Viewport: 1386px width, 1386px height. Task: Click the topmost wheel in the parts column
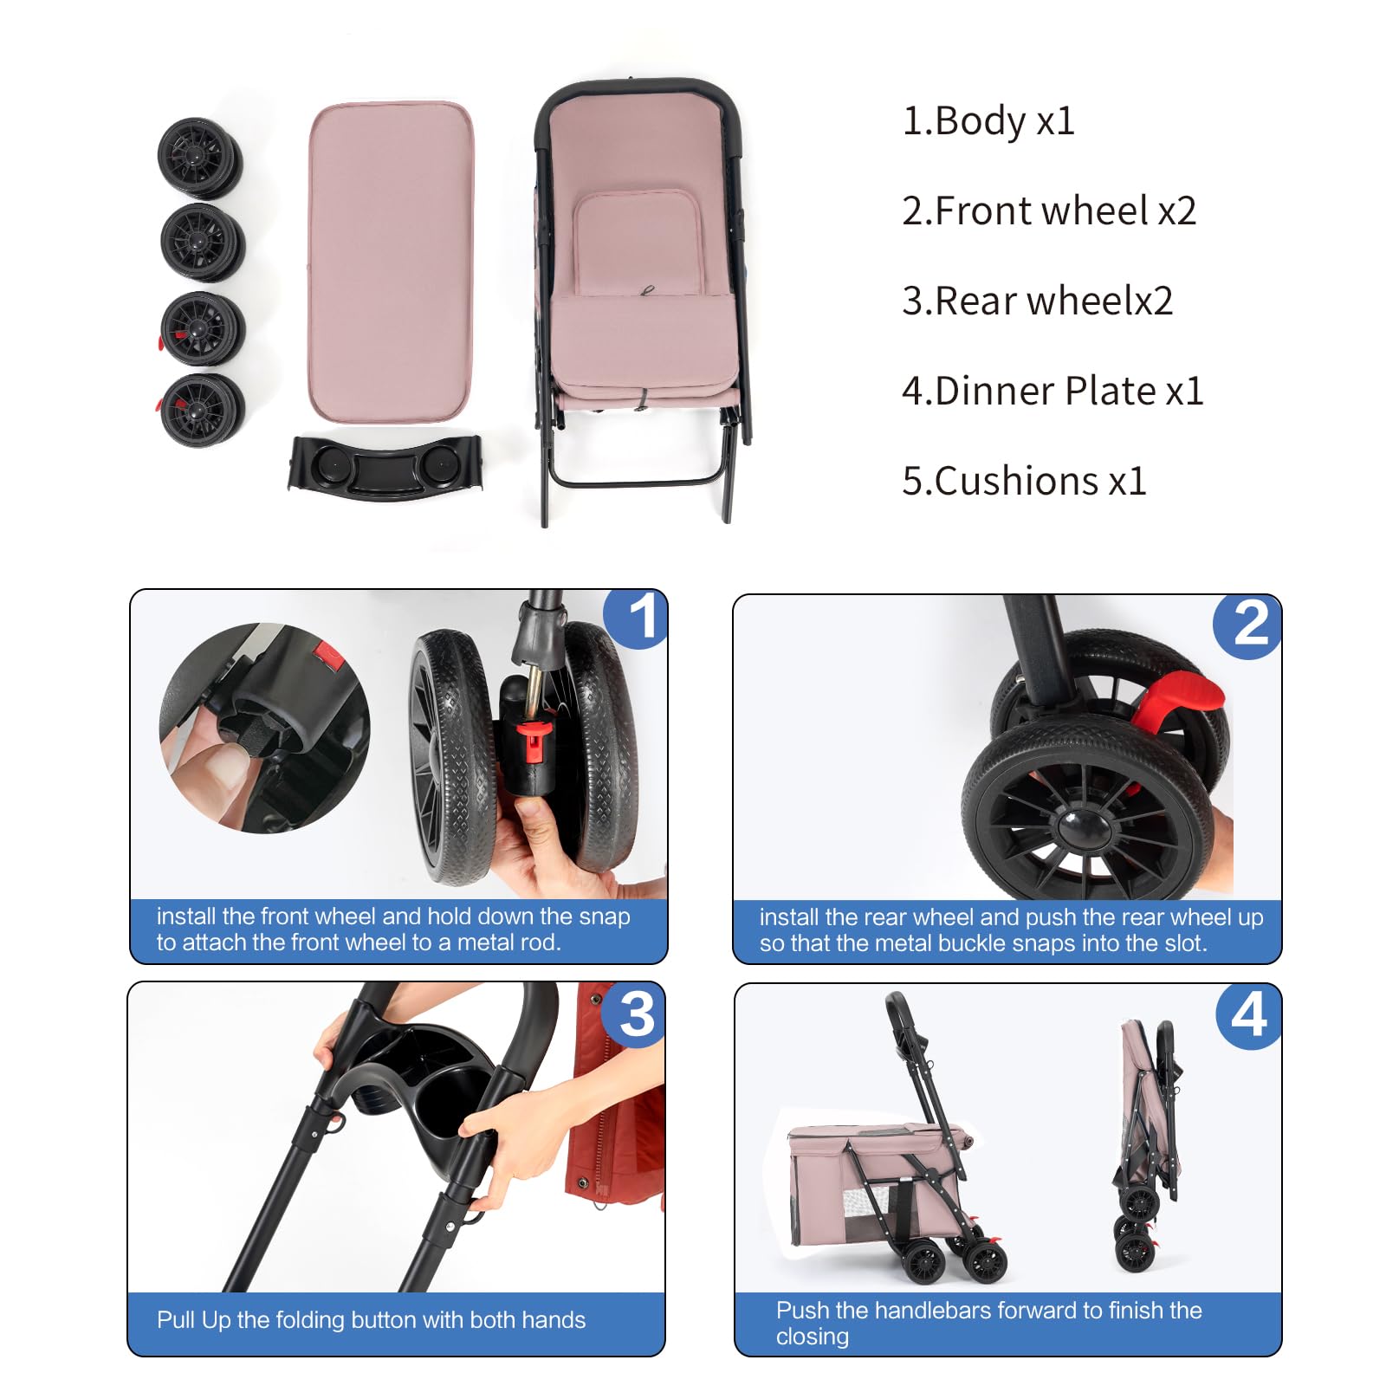point(199,159)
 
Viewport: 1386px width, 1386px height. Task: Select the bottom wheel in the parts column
point(202,410)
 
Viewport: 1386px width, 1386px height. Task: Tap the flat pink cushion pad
point(391,262)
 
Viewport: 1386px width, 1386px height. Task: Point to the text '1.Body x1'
point(988,121)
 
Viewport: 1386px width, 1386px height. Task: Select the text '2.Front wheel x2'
point(1049,210)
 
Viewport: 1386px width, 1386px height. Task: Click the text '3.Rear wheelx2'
point(1038,301)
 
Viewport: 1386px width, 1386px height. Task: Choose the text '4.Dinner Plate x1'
point(1052,391)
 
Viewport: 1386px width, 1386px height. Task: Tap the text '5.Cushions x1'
point(1024,481)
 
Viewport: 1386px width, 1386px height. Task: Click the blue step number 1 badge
point(637,619)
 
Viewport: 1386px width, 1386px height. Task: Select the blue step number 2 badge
point(1248,625)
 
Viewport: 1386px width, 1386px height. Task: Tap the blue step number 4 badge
point(1248,1016)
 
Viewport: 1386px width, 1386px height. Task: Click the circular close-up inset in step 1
point(265,729)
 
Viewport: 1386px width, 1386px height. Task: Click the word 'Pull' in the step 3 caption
point(176,1320)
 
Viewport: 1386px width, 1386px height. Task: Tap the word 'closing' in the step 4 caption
point(812,1337)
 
